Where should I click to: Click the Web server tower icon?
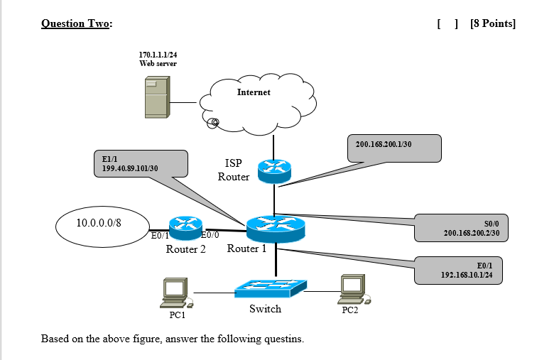pos(156,98)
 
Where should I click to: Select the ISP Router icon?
pos(274,169)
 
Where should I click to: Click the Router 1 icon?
pos(276,227)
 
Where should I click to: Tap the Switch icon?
pos(271,287)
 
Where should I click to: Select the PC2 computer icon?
pos(352,288)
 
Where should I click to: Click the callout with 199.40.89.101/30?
pos(140,163)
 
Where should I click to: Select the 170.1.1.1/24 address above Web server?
pos(158,55)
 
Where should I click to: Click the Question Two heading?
pos(76,23)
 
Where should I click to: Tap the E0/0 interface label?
pos(211,235)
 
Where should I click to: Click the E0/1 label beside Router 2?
pos(160,235)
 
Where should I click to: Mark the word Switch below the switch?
pos(265,309)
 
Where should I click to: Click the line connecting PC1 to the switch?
pos(213,292)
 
